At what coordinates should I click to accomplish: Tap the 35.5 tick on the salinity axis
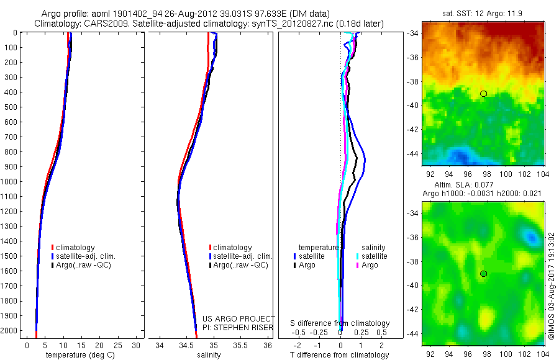pos(240,345)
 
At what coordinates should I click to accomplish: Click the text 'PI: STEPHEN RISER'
pos(239,328)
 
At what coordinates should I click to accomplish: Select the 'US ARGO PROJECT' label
pos(239,319)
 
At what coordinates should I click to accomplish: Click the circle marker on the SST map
pos(484,94)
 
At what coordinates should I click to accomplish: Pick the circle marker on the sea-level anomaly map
pos(484,274)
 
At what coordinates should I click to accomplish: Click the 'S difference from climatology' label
pos(340,323)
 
